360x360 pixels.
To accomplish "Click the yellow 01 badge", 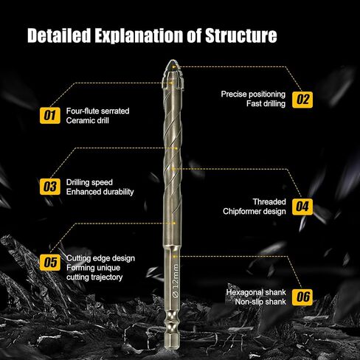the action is [50, 116].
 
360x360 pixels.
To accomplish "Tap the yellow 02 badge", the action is [302, 100].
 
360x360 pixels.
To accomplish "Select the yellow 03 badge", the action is [50, 187].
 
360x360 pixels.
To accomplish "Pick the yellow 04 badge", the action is [302, 207].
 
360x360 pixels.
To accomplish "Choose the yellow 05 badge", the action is [50, 263].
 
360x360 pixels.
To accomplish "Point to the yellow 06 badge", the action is [302, 297].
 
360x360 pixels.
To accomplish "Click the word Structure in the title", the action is [241, 35].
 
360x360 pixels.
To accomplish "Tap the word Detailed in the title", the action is [59, 35].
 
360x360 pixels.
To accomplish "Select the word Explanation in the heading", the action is [139, 36].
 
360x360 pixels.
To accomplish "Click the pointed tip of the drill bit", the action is [173, 60].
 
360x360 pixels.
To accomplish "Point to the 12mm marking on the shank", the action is [176, 281].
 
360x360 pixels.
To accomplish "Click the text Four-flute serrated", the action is [97, 111].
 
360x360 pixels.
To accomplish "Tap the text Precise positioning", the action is [253, 94].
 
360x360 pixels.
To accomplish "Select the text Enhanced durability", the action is [100, 192].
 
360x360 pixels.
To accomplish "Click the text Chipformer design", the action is [255, 212].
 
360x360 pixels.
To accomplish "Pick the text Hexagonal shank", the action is [256, 292].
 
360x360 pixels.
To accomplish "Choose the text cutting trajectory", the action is [94, 277].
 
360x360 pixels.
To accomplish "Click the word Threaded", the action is [269, 202].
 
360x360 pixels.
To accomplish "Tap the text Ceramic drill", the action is [87, 120].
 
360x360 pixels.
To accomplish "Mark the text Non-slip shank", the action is [260, 302].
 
